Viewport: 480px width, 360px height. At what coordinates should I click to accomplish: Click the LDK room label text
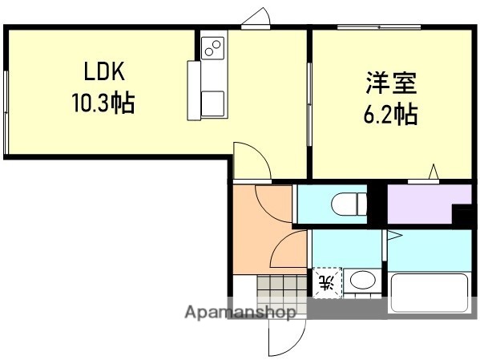point(104,71)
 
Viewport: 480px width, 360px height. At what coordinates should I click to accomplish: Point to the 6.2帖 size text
point(391,114)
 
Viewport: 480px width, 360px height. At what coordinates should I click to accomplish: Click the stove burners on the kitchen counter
point(213,47)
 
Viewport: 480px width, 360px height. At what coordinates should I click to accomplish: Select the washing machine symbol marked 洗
point(326,282)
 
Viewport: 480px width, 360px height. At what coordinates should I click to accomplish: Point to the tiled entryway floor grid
point(281,287)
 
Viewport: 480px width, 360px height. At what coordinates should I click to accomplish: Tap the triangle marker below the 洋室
point(434,172)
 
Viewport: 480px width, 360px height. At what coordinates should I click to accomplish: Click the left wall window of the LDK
point(6,111)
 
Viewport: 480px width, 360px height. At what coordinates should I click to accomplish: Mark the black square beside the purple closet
point(462,215)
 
